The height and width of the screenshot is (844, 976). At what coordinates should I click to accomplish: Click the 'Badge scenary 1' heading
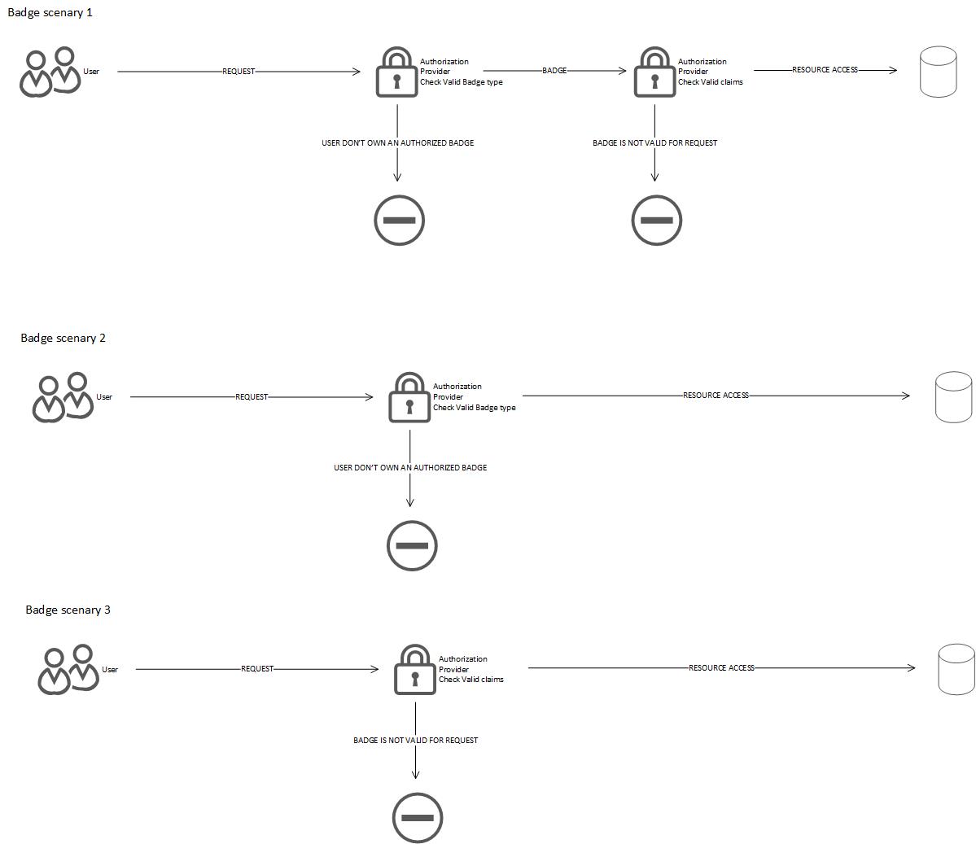(50, 13)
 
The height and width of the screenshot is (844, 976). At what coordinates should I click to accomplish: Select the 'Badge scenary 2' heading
(63, 338)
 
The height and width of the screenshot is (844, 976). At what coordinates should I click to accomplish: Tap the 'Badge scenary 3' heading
(68, 610)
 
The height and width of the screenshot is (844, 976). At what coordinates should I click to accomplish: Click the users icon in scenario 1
(50, 72)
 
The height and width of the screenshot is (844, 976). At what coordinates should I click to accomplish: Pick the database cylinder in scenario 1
(938, 72)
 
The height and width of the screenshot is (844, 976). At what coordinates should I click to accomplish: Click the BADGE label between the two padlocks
(554, 71)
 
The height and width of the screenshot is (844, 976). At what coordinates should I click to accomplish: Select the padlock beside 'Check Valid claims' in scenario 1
(654, 73)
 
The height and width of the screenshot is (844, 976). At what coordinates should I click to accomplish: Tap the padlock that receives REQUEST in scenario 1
(396, 73)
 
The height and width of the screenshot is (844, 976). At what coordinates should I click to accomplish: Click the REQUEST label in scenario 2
(252, 397)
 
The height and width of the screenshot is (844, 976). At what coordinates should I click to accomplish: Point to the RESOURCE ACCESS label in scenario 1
(825, 70)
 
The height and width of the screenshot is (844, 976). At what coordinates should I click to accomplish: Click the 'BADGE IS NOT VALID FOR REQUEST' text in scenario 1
(654, 143)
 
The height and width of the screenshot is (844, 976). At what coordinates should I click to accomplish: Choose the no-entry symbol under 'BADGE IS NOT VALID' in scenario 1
(656, 220)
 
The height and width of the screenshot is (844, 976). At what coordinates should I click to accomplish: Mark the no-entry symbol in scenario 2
(412, 545)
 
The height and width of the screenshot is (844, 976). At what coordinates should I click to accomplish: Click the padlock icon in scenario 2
(409, 398)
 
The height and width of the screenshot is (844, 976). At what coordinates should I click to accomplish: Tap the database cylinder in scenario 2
(953, 397)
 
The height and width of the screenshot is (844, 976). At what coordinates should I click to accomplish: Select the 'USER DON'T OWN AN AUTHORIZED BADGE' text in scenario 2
(410, 468)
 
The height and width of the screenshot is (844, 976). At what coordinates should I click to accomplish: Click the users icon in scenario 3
(68, 669)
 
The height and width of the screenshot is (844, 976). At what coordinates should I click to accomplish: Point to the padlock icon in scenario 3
(415, 670)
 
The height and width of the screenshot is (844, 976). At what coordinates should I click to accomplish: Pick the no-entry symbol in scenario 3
(418, 817)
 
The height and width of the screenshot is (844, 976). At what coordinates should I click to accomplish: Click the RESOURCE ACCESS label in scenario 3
(721, 668)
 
